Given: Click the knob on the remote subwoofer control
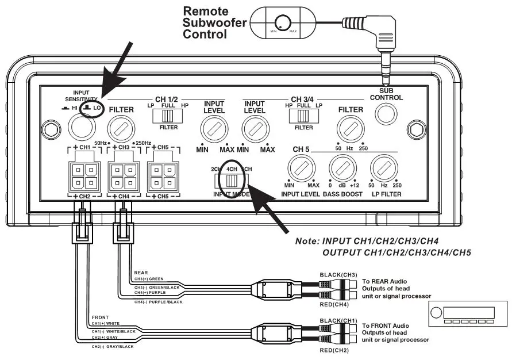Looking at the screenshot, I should tap(282, 22).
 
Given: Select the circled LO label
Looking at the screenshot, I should tap(92, 108).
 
